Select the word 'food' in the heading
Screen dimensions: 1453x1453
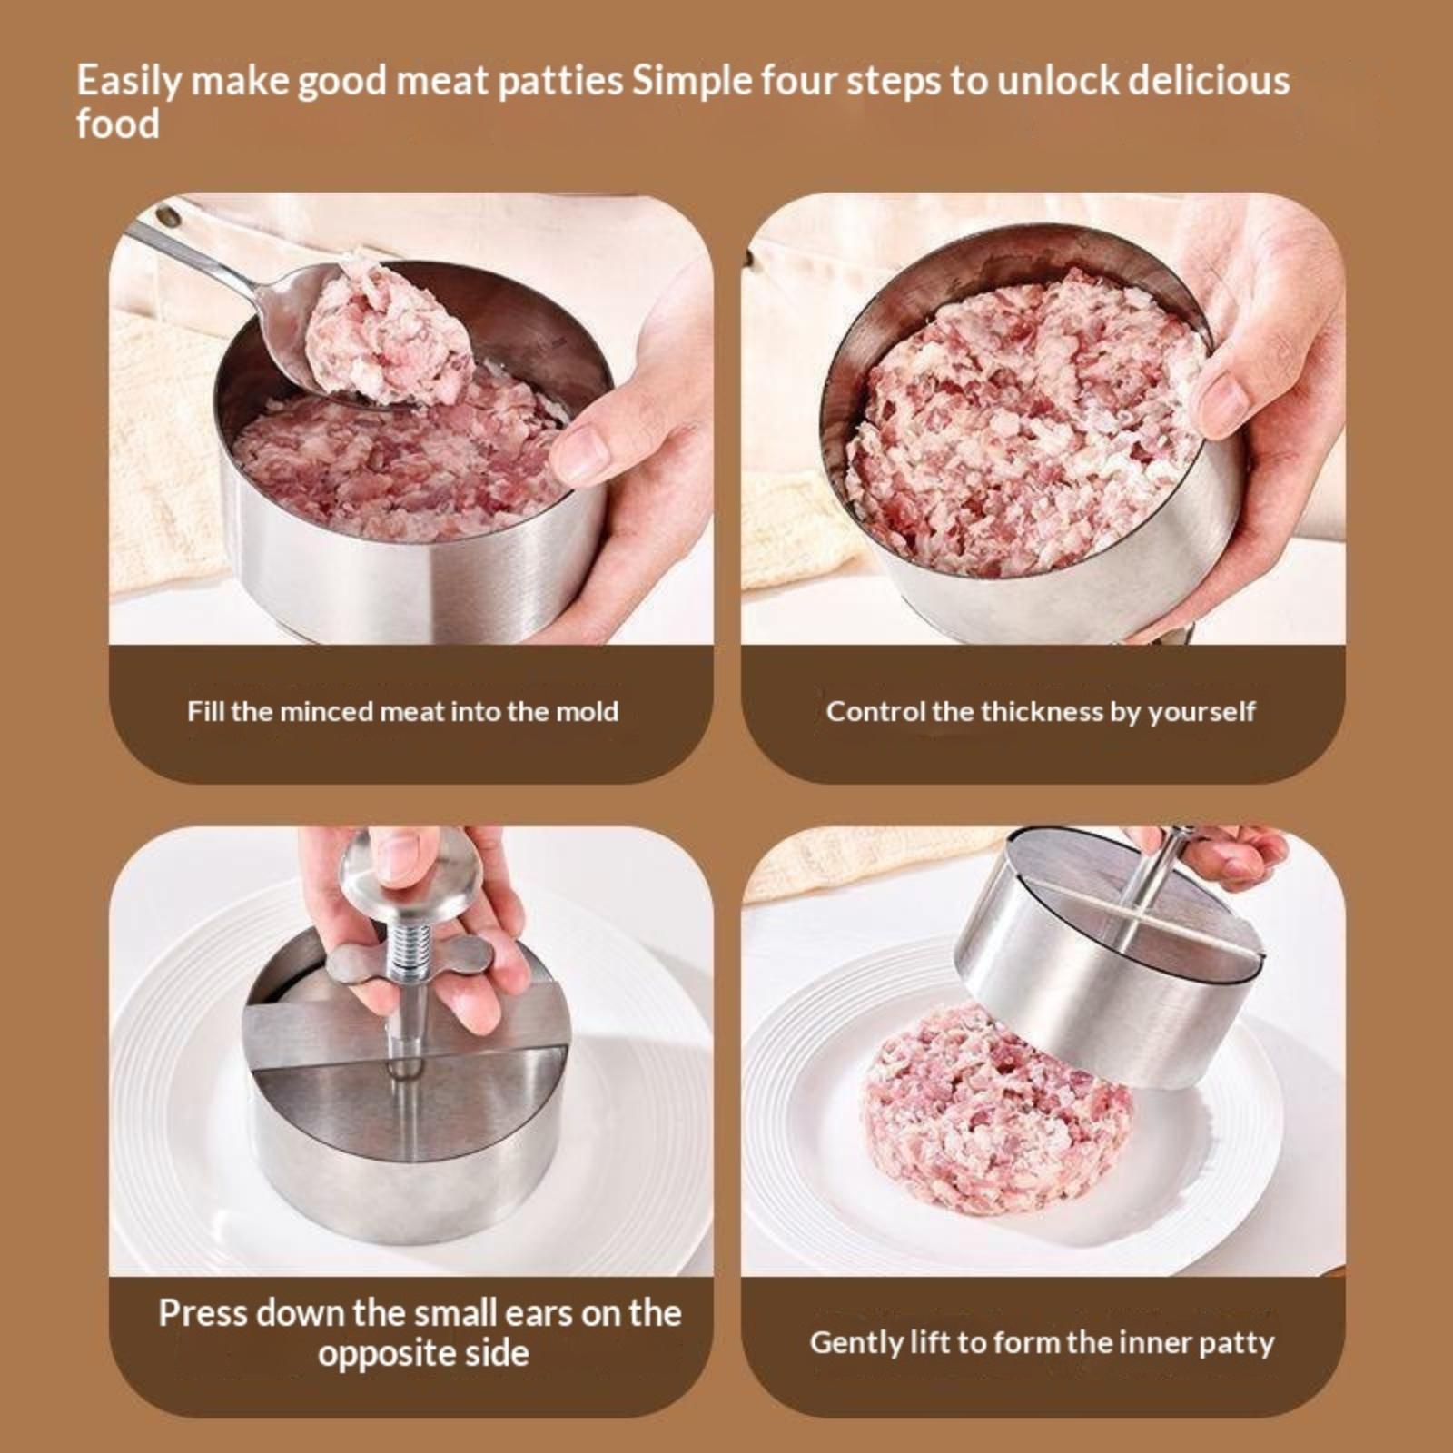(117, 124)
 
